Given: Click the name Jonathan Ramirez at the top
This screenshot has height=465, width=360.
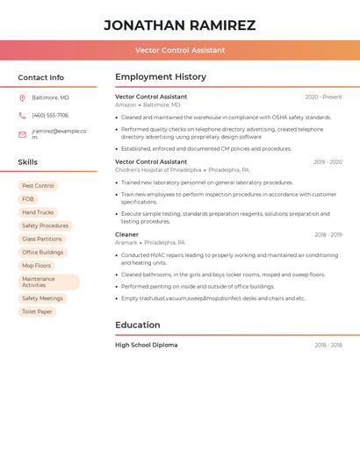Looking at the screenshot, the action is (x=180, y=25).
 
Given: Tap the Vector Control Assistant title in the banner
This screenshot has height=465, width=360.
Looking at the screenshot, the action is (x=180, y=50).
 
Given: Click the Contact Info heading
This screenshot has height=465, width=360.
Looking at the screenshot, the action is (x=41, y=77).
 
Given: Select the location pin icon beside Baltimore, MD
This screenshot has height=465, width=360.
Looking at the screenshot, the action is (x=22, y=97).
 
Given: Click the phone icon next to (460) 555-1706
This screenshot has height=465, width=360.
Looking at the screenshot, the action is (x=22, y=116).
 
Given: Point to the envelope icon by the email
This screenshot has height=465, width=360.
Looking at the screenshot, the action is (x=22, y=134).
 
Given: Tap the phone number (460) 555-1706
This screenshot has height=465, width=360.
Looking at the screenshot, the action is (x=50, y=116).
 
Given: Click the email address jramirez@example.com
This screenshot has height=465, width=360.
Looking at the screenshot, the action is (x=59, y=134).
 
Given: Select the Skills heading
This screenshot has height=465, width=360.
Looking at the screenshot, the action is (x=28, y=162).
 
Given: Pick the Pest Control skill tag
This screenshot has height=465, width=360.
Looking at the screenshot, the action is (x=38, y=186).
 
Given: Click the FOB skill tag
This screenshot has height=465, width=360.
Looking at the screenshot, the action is (x=28, y=199).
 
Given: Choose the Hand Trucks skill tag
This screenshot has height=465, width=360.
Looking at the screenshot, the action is (x=38, y=212).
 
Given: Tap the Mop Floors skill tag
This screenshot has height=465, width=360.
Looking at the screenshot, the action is (x=37, y=265).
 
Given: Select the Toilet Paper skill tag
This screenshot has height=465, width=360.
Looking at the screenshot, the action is (x=37, y=311).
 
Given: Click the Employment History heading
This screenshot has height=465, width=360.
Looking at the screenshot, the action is (x=161, y=77).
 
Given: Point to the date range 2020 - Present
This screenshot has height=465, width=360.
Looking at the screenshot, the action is (x=323, y=97).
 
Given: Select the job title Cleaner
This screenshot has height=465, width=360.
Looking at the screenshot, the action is (x=126, y=235).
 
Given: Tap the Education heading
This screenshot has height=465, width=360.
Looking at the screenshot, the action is (x=138, y=325).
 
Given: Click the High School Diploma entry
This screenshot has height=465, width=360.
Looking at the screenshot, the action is (x=146, y=345).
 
